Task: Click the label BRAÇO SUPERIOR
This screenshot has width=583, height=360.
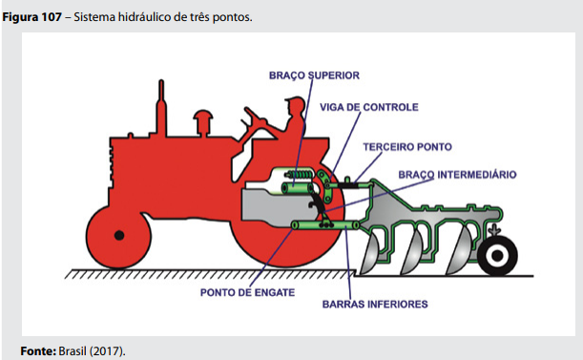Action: (x=314, y=75)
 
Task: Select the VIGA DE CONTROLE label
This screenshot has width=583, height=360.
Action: (x=369, y=107)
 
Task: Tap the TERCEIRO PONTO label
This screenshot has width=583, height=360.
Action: (x=407, y=147)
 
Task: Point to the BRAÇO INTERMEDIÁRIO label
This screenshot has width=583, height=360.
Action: (x=457, y=175)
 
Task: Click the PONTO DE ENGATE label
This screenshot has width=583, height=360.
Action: (x=247, y=292)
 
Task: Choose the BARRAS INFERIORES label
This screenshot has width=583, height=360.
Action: (x=375, y=305)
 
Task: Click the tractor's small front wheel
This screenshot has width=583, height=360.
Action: (x=118, y=237)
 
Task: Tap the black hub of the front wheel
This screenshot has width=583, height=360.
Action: (x=119, y=236)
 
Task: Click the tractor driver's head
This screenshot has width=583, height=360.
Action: (x=295, y=105)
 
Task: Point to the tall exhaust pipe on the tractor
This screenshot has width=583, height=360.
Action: (x=161, y=108)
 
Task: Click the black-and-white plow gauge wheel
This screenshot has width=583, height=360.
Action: (x=497, y=255)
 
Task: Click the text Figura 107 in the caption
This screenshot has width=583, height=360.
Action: (x=32, y=17)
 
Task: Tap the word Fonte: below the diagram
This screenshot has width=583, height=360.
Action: (x=38, y=351)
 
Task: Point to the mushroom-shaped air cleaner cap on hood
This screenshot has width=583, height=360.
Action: (x=203, y=122)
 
